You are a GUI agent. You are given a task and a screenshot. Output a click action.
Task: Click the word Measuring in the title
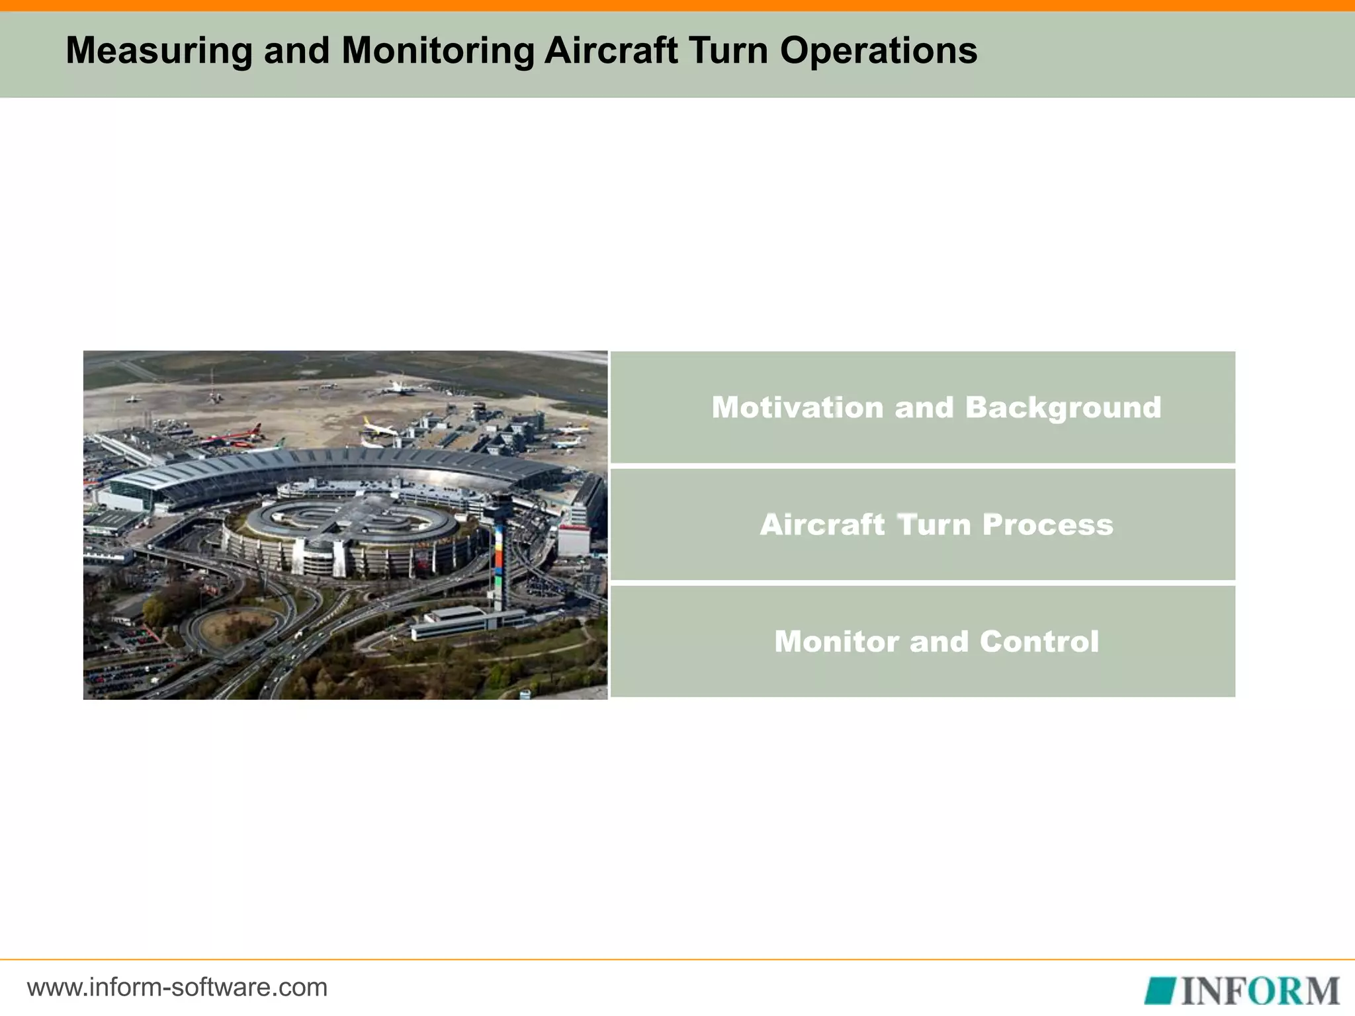(158, 51)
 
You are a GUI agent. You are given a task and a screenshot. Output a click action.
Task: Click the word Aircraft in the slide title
(610, 51)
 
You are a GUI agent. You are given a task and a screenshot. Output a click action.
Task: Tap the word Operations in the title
(878, 51)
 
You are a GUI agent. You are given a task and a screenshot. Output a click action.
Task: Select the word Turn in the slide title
(728, 51)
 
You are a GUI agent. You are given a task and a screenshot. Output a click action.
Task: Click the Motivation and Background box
(922, 407)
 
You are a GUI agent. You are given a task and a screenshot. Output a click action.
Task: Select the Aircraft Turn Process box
(922, 525)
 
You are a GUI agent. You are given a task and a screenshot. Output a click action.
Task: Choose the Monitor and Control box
(922, 642)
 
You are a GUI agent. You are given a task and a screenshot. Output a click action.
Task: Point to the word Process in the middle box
(1047, 525)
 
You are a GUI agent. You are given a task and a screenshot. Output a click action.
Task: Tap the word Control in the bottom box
(1039, 642)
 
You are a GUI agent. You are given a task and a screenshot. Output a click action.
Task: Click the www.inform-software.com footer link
(177, 988)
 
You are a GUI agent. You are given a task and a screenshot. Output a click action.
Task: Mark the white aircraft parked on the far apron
(400, 388)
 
